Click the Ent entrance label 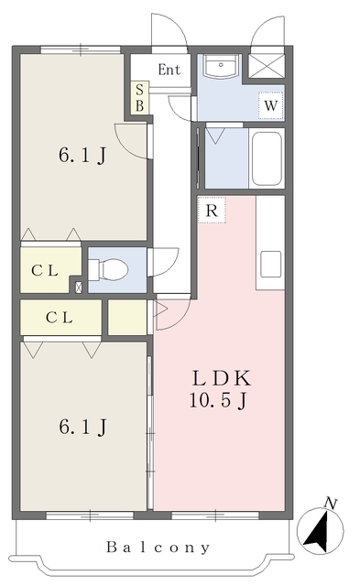pyautogui.click(x=169, y=70)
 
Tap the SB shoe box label pyautogui.click(x=139, y=98)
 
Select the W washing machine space pyautogui.click(x=270, y=105)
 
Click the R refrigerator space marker pyautogui.click(x=212, y=210)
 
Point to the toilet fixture pyautogui.click(x=108, y=269)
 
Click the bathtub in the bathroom pyautogui.click(x=267, y=158)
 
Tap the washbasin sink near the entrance pyautogui.click(x=221, y=67)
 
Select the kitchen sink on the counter pyautogui.click(x=270, y=264)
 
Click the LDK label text pyautogui.click(x=221, y=378)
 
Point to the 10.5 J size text pyautogui.click(x=218, y=400)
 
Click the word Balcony pyautogui.click(x=158, y=548)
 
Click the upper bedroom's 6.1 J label pyautogui.click(x=82, y=155)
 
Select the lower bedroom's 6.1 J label pyautogui.click(x=82, y=427)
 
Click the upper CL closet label pyautogui.click(x=45, y=270)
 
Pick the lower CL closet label pyautogui.click(x=59, y=318)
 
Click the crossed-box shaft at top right pyautogui.click(x=267, y=66)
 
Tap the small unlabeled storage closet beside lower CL pyautogui.click(x=127, y=318)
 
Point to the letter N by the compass pyautogui.click(x=331, y=504)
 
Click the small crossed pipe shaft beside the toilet pyautogui.click(x=79, y=288)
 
